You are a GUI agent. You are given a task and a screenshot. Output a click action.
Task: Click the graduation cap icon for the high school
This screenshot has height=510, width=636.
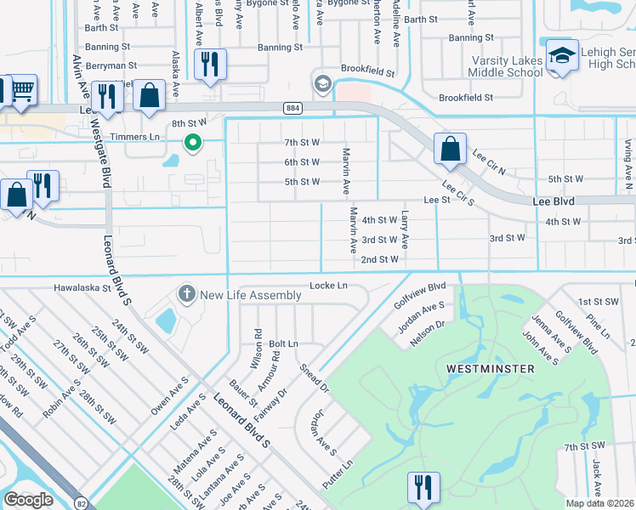point(562,56)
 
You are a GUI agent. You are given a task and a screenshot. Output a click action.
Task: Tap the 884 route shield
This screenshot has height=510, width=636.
point(292,107)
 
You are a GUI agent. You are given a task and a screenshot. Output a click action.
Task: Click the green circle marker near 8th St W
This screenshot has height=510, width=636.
point(193,143)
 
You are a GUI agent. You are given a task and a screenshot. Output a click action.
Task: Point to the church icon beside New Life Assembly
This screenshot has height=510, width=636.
point(187,295)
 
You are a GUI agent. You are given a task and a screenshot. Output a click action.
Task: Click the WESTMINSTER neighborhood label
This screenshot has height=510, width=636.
point(490,369)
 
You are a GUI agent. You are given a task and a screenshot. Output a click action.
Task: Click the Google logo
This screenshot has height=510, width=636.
point(28,500)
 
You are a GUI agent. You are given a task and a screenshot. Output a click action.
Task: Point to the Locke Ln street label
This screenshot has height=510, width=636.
point(329,286)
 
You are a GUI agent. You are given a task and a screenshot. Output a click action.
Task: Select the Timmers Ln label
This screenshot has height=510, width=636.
point(142,136)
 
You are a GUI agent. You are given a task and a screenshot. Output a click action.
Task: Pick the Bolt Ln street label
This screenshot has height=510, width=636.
point(284,343)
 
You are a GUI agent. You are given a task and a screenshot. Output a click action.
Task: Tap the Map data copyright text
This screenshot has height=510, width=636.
point(600,502)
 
